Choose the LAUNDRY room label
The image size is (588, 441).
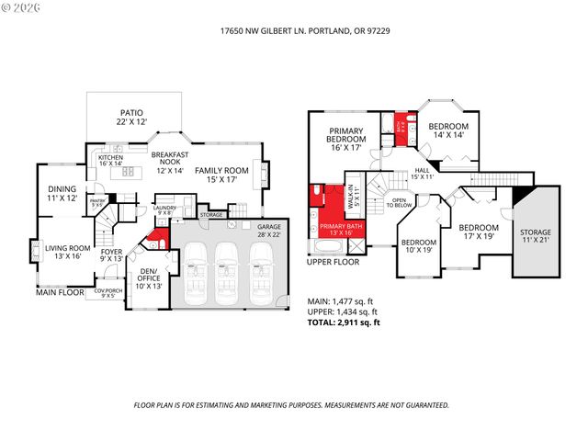tap(166, 210)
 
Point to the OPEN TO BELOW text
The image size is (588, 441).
tap(400, 202)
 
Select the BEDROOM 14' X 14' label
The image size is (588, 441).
tap(450, 130)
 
